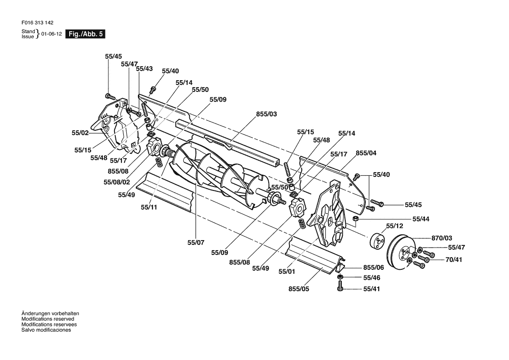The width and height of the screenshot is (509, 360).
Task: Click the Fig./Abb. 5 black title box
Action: click(85, 34)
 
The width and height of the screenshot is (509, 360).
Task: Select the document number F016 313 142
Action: click(37, 23)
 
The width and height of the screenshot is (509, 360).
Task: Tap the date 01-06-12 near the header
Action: click(51, 34)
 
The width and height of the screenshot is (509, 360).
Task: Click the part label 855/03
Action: click(266, 114)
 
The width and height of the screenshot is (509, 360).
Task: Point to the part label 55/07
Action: click(196, 242)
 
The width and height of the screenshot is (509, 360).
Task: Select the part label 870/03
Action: click(442, 238)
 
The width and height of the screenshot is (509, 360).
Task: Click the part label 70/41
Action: click(454, 260)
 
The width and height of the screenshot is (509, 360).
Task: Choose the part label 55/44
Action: click(421, 219)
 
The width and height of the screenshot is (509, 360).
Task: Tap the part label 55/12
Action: click(394, 226)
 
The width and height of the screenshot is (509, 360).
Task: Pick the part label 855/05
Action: click(299, 289)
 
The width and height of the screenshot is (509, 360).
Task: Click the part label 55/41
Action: click(372, 289)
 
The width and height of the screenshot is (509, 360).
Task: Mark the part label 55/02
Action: click(80, 132)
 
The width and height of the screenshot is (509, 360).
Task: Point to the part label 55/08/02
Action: click(117, 182)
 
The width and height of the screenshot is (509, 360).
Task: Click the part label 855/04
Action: click(366, 153)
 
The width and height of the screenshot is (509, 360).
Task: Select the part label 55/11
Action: click(149, 207)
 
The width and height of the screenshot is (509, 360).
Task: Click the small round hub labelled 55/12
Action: click(377, 242)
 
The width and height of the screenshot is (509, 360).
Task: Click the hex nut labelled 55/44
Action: click(355, 218)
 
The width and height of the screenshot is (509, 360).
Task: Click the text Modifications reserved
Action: click(48, 319)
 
